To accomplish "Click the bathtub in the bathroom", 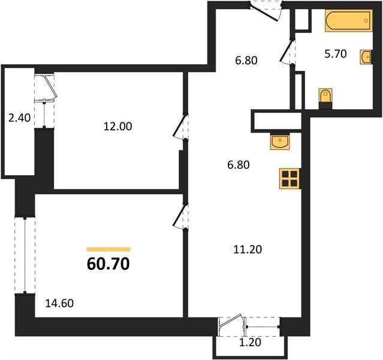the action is pyautogui.click(x=349, y=20).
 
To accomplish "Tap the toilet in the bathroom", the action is pyautogui.click(x=325, y=98).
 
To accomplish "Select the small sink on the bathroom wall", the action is pyautogui.click(x=366, y=57).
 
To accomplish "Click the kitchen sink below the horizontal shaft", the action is pyautogui.click(x=280, y=141).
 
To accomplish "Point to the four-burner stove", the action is pyautogui.click(x=289, y=179).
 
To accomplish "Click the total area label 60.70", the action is pyautogui.click(x=108, y=264).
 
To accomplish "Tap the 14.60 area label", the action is pyautogui.click(x=59, y=303).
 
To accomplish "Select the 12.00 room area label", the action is pyautogui.click(x=117, y=126).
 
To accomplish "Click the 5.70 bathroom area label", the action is pyautogui.click(x=336, y=54).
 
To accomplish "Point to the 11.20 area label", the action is pyautogui.click(x=248, y=250).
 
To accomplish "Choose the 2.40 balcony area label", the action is pyautogui.click(x=19, y=118).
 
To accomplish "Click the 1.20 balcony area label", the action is pyautogui.click(x=250, y=343).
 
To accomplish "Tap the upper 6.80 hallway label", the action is pyautogui.click(x=246, y=60).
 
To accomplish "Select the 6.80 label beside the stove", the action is pyautogui.click(x=239, y=165).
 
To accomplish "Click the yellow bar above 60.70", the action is pyautogui.click(x=108, y=249).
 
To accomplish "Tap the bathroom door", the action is pyautogui.click(x=286, y=52).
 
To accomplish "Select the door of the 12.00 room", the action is pyautogui.click(x=180, y=127).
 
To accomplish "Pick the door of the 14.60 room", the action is pyautogui.click(x=180, y=217).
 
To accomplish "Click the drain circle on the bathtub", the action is pyautogui.click(x=366, y=20).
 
